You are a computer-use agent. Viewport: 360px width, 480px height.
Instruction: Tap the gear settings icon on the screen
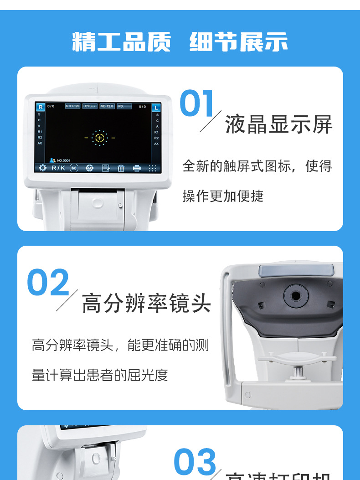coord(42,168)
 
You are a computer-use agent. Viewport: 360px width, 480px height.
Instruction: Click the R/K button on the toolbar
coord(58,168)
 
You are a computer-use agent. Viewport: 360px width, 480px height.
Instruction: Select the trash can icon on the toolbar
coord(121,168)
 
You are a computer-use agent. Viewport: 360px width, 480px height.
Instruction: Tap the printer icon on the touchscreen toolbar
coord(137,168)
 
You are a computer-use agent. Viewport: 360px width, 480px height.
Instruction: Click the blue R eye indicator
coord(40,107)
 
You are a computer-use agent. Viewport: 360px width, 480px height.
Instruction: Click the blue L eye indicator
coord(156,108)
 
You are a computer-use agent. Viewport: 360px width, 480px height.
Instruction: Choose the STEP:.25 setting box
coord(72,106)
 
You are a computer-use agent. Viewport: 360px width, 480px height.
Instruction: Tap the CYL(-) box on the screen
coord(90,106)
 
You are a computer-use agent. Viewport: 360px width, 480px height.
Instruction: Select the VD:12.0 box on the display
coord(107,106)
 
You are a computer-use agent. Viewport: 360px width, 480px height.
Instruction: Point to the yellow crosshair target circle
coord(99,138)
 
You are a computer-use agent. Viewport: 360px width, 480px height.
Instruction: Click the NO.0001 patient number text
coord(63,160)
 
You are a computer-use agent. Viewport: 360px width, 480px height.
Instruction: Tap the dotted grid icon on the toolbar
coord(153,168)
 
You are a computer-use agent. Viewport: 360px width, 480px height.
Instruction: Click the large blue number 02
coord(48,283)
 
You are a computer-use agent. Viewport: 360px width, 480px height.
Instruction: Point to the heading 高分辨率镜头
coord(146,304)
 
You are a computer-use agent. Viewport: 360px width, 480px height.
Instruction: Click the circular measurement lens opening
coord(296,296)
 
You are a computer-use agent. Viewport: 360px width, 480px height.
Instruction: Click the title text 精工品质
coord(121,42)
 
